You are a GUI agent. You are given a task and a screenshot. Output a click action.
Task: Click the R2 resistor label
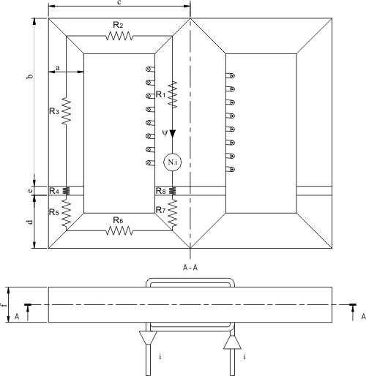[x=118, y=25]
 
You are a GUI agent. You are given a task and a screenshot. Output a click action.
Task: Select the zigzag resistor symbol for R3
[x=66, y=111]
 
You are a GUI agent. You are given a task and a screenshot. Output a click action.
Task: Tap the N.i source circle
[x=173, y=162]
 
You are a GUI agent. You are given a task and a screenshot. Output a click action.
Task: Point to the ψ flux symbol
[x=165, y=133]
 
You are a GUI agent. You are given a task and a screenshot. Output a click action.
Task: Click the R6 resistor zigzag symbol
[x=119, y=230]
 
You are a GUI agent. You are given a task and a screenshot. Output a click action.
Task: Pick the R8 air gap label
[x=161, y=191]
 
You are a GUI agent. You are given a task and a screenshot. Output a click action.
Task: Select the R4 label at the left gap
[x=54, y=191]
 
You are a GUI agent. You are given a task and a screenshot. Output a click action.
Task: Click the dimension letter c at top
[x=119, y=3]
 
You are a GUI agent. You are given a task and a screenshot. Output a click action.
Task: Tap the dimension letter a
[x=58, y=68]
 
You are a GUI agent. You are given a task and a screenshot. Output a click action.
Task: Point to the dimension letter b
[x=30, y=76]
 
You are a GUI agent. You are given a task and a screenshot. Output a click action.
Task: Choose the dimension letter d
[x=30, y=222]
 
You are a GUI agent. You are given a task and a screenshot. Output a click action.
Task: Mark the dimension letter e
[x=30, y=191]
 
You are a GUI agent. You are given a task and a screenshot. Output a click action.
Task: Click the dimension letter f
[x=2, y=305]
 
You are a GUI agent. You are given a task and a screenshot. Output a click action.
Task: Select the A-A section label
[x=190, y=268]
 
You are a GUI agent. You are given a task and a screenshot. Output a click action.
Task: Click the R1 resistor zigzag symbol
[x=173, y=94]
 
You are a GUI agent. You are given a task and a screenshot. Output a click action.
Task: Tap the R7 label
[x=161, y=210]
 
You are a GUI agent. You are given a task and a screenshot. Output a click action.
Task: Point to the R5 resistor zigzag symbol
[x=66, y=212]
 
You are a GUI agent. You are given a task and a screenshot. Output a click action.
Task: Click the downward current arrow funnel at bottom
[x=148, y=337]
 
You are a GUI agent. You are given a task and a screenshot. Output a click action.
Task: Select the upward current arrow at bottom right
[x=232, y=342]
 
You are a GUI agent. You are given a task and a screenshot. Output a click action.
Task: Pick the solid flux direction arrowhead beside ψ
[x=173, y=134]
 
